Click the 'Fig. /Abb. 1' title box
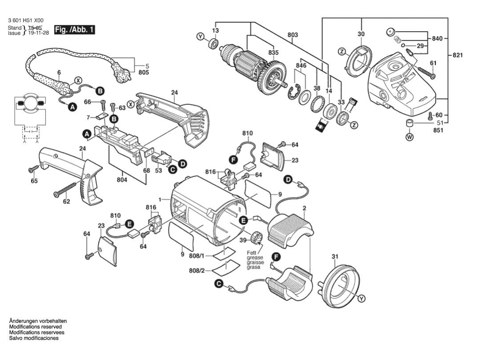(x=74, y=30)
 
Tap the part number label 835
(x=273, y=53)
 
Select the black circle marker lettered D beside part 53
(x=182, y=164)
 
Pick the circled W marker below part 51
(x=409, y=138)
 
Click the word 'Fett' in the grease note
(x=252, y=253)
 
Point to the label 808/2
(x=197, y=271)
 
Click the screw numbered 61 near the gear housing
(x=425, y=72)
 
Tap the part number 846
(x=301, y=65)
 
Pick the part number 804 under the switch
(x=122, y=179)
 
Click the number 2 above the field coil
(x=304, y=208)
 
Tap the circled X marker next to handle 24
(x=130, y=103)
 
